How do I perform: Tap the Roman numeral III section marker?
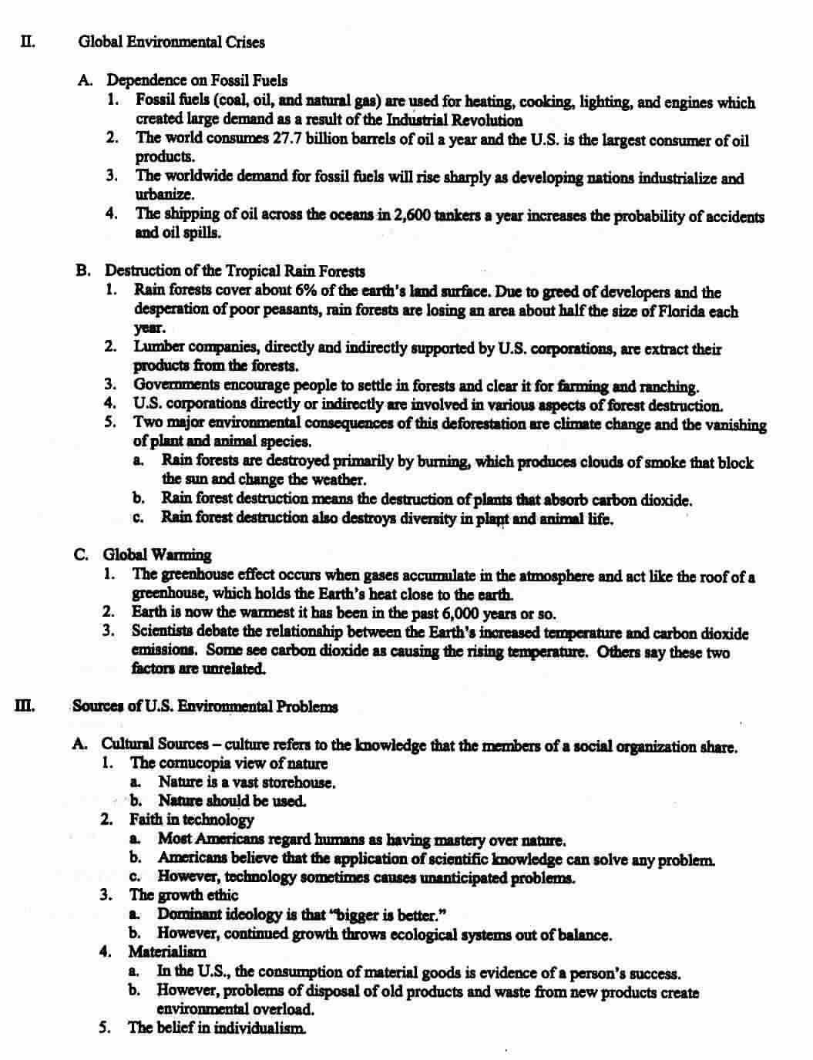point(24,705)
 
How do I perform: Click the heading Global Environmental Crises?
point(171,42)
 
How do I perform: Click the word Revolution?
point(491,120)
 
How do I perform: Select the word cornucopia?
point(198,763)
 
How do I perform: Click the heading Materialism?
point(167,951)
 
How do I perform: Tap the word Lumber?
point(157,348)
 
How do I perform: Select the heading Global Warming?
point(156,554)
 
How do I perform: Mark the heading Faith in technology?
point(191,819)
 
